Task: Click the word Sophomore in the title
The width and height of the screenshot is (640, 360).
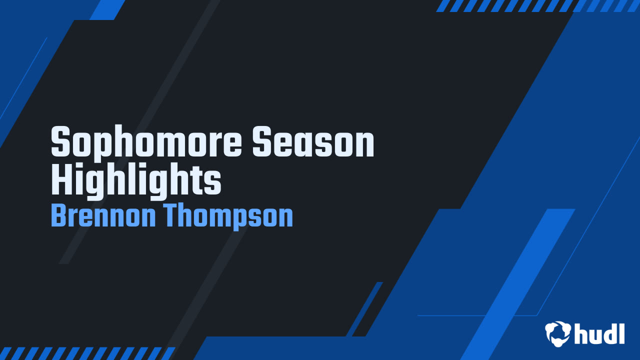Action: [146, 142]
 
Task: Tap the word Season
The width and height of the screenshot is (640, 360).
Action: [313, 142]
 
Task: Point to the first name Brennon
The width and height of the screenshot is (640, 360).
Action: [103, 215]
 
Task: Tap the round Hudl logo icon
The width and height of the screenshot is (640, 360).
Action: [557, 333]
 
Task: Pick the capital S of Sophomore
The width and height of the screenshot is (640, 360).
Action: [60, 142]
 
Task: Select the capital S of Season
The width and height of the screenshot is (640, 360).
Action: [261, 142]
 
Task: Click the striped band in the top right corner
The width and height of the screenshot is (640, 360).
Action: [537, 5]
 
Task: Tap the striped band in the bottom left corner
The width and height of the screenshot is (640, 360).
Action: [87, 353]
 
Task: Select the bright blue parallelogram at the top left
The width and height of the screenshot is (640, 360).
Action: [107, 9]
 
